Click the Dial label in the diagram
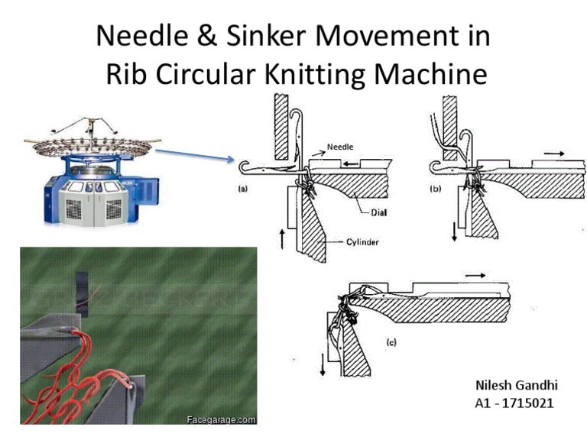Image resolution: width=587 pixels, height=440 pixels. [378, 213]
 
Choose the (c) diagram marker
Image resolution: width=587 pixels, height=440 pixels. [391, 343]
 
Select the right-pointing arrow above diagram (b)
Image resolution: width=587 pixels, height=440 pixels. [556, 154]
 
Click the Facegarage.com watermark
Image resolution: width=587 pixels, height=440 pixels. [221, 419]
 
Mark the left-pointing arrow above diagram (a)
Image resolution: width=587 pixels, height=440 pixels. [353, 163]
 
